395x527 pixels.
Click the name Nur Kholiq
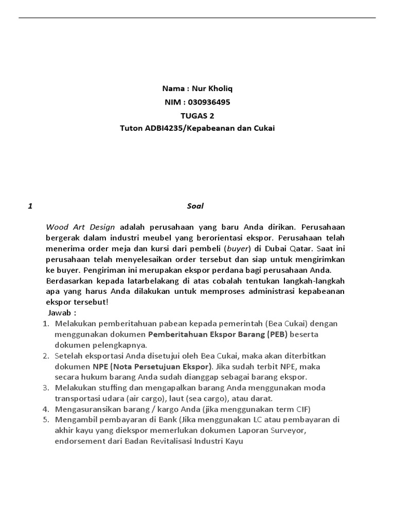click(x=212, y=89)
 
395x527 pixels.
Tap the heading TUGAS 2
click(x=197, y=115)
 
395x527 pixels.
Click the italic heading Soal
click(x=195, y=206)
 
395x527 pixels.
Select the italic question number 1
click(x=31, y=206)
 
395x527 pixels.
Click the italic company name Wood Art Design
click(x=81, y=227)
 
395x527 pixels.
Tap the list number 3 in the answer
click(x=45, y=388)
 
